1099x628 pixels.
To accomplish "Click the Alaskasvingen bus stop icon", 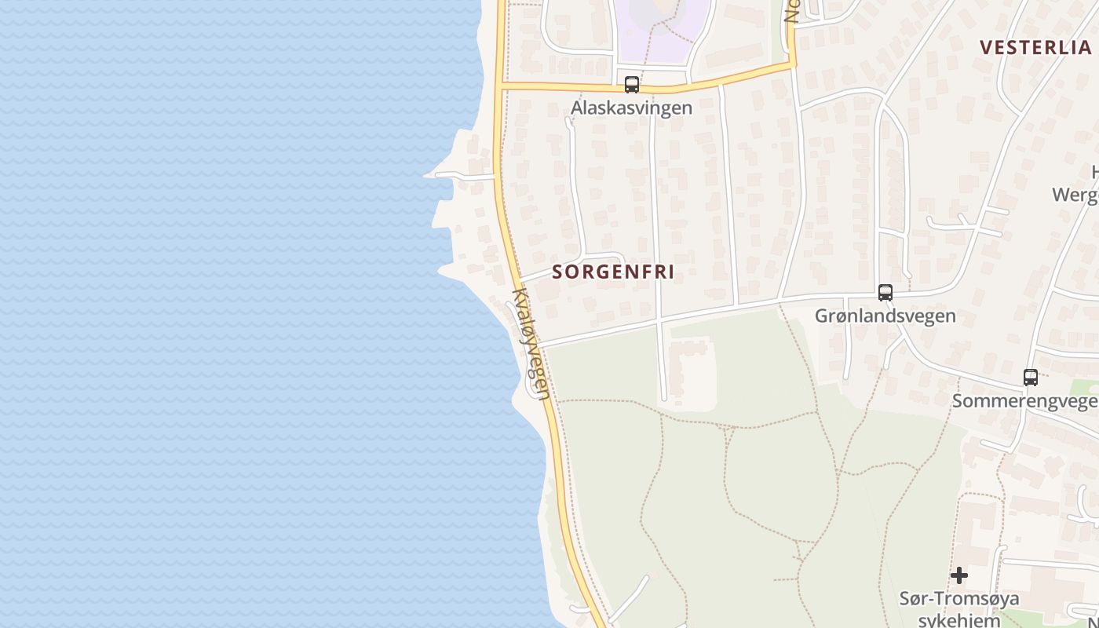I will [632, 85].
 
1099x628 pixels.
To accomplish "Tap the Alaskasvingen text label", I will [632, 108].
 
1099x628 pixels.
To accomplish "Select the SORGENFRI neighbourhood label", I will [613, 272].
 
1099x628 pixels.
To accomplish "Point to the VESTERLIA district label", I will [1035, 47].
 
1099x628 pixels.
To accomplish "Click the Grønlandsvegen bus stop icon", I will [885, 293].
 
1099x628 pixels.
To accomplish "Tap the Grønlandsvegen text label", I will [885, 316].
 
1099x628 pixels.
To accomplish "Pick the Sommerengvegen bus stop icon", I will [1031, 378].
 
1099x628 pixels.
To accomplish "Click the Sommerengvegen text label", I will [1024, 401].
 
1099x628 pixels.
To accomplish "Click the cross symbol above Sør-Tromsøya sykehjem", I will [958, 575].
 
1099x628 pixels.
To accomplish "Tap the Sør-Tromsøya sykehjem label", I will [958, 608].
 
